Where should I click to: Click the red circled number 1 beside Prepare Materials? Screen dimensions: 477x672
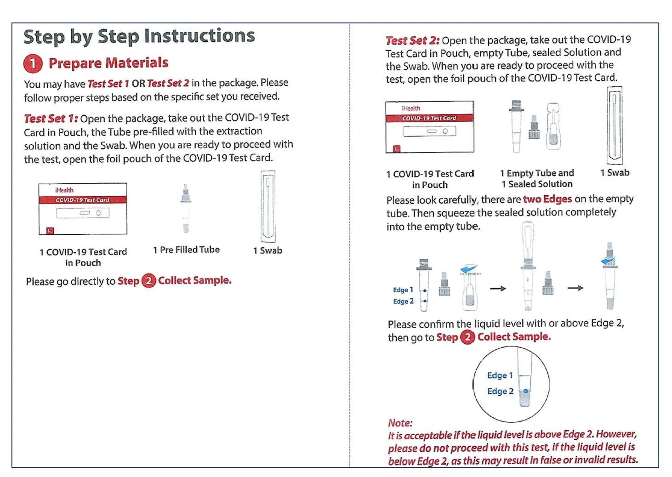[x=33, y=64]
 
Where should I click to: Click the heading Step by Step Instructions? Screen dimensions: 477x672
[x=139, y=36]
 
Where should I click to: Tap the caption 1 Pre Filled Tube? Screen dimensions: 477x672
[x=186, y=250]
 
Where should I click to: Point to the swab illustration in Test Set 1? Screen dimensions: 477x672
[x=268, y=206]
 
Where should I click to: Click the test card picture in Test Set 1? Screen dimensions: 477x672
[x=83, y=209]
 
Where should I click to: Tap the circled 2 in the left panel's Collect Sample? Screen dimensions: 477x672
[x=148, y=281]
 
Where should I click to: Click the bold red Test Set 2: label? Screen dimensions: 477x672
[x=412, y=40]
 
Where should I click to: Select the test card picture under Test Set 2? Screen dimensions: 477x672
[x=429, y=127]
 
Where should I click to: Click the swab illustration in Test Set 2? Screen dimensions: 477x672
[x=615, y=125]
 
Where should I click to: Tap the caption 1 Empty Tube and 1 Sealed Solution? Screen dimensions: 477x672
[x=537, y=179]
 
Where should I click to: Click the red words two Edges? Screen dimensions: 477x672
[x=547, y=199]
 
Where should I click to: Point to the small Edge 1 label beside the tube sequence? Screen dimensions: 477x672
[x=403, y=290]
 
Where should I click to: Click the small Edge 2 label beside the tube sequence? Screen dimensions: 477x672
[x=403, y=301]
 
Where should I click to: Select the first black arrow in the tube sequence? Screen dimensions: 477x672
[x=497, y=289]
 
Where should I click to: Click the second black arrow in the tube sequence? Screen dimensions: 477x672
[x=575, y=288]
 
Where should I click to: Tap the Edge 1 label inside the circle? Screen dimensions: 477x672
[x=500, y=375]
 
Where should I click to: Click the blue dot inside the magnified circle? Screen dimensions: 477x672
[x=526, y=391]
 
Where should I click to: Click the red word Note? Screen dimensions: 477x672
[x=400, y=423]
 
